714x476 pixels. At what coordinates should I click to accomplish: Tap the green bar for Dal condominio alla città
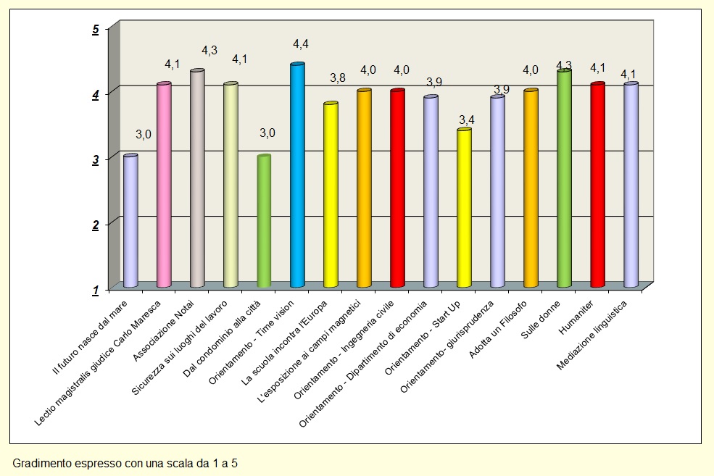point(264,221)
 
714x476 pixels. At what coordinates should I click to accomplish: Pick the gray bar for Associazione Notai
point(197,179)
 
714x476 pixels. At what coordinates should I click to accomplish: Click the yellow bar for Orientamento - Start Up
point(464,208)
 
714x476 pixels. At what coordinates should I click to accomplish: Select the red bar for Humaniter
point(597,185)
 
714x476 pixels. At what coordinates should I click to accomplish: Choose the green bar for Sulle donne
point(564,179)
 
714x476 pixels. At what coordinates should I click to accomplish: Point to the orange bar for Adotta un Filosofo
point(531,188)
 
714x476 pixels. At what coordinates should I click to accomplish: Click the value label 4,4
point(301,45)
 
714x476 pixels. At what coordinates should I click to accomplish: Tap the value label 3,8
point(337,78)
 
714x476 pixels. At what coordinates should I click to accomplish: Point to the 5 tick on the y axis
point(96,30)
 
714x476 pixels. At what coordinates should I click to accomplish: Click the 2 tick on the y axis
point(96,225)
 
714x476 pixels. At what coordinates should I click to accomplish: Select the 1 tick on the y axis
point(96,290)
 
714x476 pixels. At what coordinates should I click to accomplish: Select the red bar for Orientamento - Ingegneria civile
point(397,188)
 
